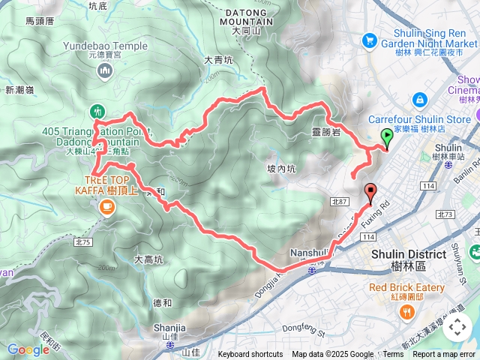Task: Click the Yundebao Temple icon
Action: tap(105, 71)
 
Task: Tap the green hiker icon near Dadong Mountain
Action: tap(97, 111)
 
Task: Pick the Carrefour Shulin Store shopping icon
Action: tap(418, 100)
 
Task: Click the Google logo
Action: tap(28, 349)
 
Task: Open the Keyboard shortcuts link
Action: tap(250, 355)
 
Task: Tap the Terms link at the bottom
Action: tap(393, 355)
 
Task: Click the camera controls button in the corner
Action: tap(457, 328)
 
